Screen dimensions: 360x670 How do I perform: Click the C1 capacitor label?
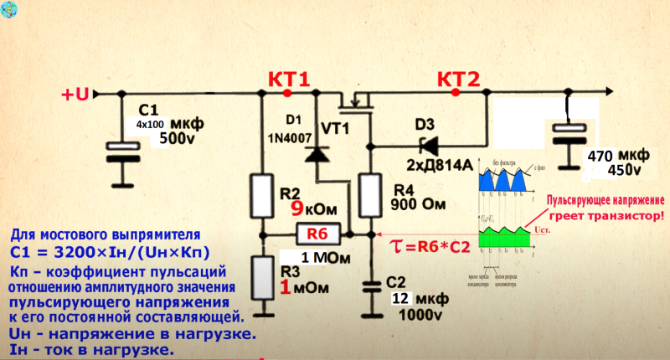(148, 110)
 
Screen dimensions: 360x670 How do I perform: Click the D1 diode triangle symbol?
(317, 155)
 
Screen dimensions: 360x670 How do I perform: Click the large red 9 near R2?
(296, 208)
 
